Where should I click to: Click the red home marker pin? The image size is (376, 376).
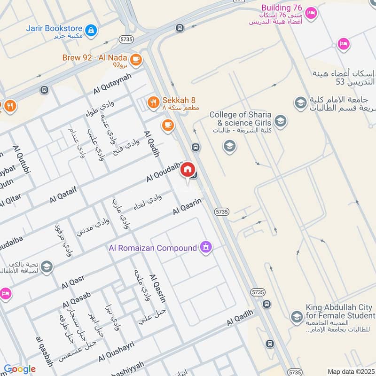click(x=187, y=170)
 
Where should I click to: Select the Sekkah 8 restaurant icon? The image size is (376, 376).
click(x=153, y=102)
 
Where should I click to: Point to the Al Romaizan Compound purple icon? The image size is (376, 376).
click(x=205, y=247)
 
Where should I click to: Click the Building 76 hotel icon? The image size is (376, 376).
click(x=310, y=13)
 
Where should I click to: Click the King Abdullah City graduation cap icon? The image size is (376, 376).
click(x=296, y=317)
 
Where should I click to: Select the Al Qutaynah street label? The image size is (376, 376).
click(x=112, y=83)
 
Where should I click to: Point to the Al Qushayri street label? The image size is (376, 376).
click(x=116, y=352)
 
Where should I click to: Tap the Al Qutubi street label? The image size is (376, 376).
click(x=22, y=160)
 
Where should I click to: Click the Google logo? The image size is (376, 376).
click(x=19, y=369)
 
